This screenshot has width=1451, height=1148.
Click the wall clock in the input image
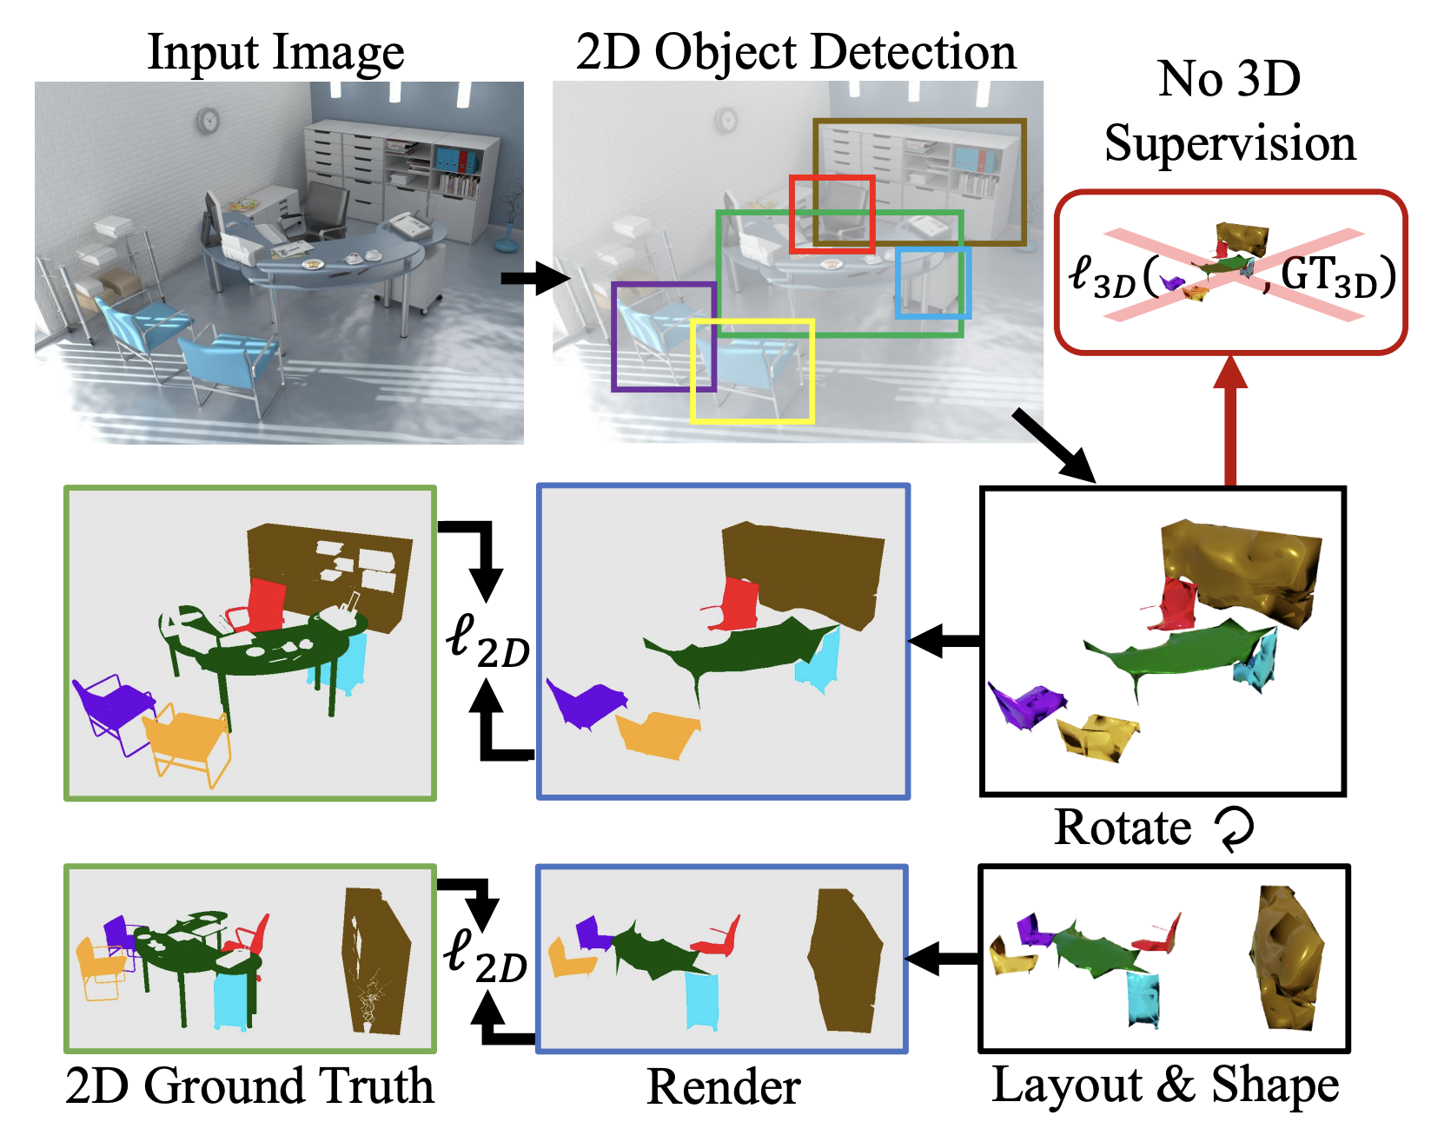(x=208, y=120)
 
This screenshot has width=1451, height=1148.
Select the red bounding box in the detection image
(x=832, y=178)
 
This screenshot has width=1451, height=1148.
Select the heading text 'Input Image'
(x=275, y=52)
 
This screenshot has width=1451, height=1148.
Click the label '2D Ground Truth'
(x=249, y=1085)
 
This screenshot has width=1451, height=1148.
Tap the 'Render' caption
(x=723, y=1087)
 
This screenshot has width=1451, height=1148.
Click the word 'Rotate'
(x=1123, y=827)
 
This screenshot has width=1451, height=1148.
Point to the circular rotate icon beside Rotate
(x=1235, y=828)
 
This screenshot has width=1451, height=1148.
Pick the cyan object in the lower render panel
(x=701, y=1000)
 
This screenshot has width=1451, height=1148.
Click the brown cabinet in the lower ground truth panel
(x=375, y=960)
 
